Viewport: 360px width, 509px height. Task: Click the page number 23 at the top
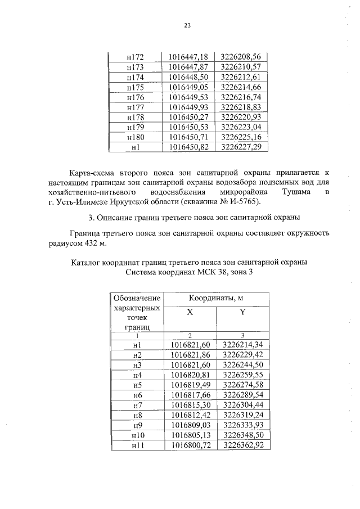[187, 25]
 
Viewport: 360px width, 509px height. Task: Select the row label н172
[135, 57]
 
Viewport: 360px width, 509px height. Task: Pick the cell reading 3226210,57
[241, 67]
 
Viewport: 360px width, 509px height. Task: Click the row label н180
[135, 137]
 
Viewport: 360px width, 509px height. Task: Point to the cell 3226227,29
[241, 147]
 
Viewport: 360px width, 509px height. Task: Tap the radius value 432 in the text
[80, 243]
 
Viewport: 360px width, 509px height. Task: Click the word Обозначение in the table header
[137, 298]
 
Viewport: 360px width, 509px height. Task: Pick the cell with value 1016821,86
[190, 354]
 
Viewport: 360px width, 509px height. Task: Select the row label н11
[137, 445]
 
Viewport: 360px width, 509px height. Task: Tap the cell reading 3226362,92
[243, 445]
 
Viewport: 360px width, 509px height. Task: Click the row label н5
[137, 385]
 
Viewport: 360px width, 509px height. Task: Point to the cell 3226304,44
[243, 405]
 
